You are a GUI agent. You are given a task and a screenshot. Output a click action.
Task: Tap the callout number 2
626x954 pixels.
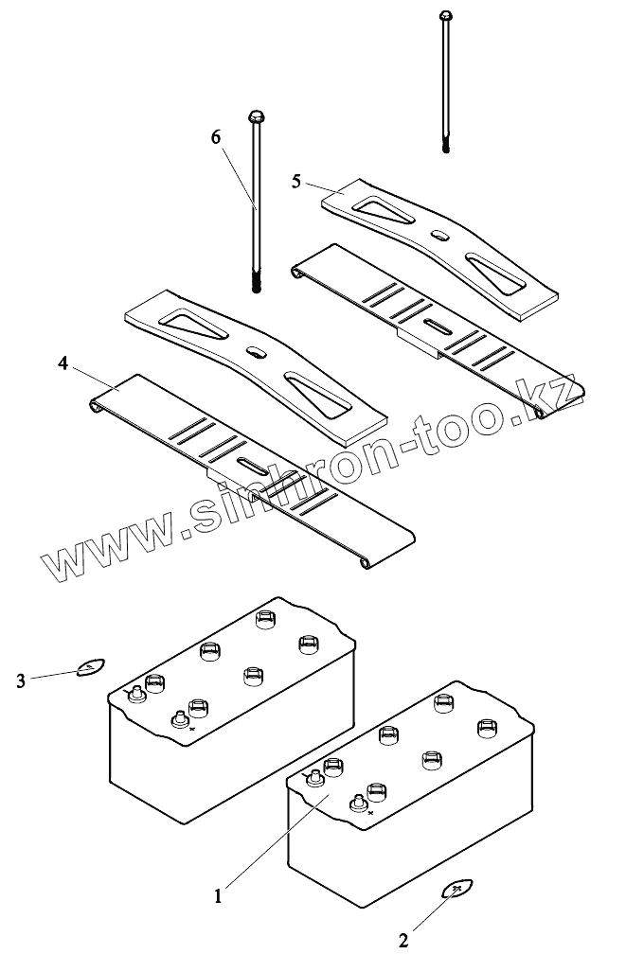coord(403,939)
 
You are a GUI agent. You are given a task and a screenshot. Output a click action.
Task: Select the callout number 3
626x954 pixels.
coord(22,679)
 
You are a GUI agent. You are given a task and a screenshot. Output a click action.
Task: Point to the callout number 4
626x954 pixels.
coord(63,362)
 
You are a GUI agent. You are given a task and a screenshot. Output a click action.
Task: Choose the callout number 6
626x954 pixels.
coord(216,136)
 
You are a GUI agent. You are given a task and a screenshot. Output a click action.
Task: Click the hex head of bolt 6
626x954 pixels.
coord(255,117)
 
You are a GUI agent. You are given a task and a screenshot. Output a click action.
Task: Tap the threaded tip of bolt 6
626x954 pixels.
coord(257,281)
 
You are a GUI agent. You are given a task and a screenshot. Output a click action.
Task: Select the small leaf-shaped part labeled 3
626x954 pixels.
coord(90,668)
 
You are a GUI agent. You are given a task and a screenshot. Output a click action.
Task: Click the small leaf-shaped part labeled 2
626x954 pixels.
coord(457,888)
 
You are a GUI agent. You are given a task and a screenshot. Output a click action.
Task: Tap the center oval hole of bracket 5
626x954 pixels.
coord(438,235)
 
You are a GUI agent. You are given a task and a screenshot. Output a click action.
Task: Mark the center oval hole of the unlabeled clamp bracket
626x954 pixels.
coord(257,352)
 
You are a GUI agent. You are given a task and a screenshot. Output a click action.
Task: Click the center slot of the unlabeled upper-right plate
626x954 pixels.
coord(437,326)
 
